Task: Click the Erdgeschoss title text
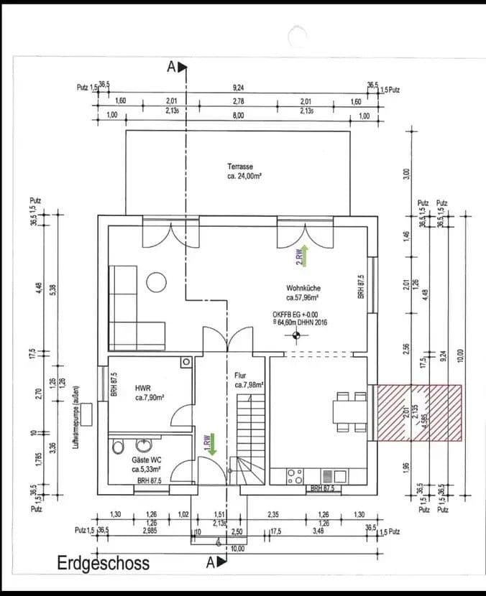[103, 563]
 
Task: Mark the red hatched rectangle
[418, 413]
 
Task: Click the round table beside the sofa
[157, 282]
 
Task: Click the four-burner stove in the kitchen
[295, 476]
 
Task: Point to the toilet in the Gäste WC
[119, 447]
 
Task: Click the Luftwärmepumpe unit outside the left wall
[87, 414]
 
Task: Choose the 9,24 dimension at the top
[238, 87]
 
